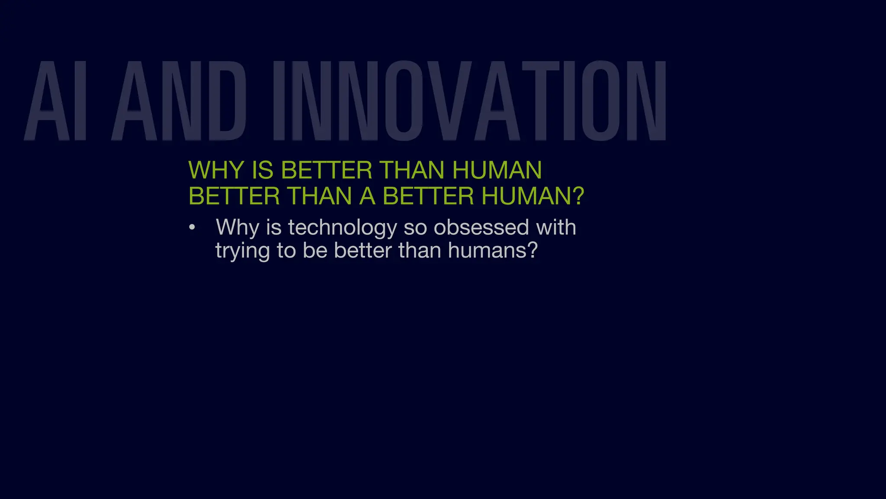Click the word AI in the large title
coord(55,101)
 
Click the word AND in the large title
coord(179,101)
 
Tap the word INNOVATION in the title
coord(469,101)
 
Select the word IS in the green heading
coord(263,170)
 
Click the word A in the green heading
coord(367,196)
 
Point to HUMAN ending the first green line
coord(497,170)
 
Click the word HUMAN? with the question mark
coord(533,196)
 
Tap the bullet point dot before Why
coord(192,228)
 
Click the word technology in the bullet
coord(342,228)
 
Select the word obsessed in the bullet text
coord(481,228)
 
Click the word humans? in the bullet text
coord(493,251)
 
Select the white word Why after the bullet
coord(237,228)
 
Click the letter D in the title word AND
coord(228,101)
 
